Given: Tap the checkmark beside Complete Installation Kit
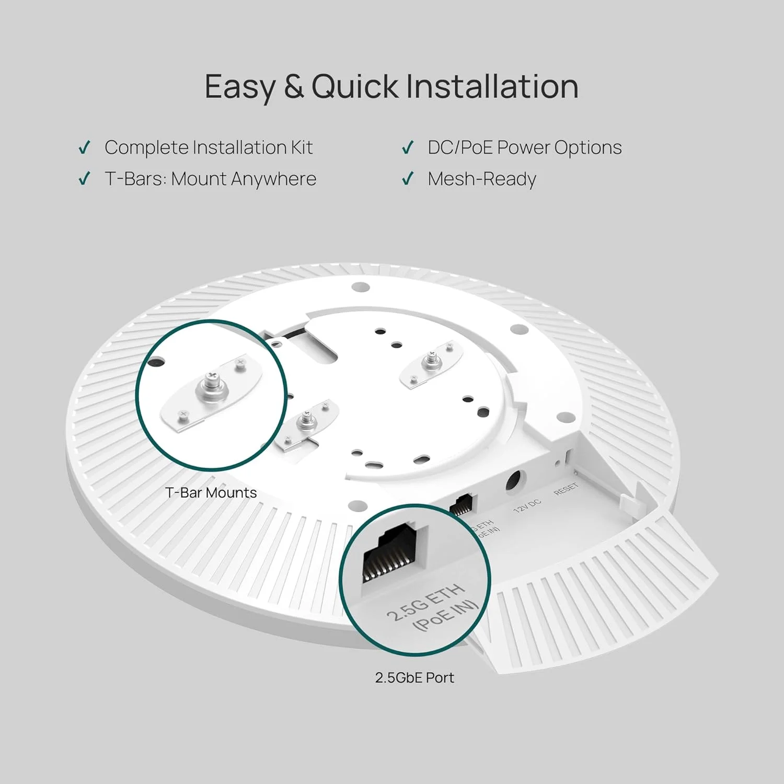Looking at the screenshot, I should pyautogui.click(x=84, y=148).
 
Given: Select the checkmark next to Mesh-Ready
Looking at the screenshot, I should pyautogui.click(x=408, y=179).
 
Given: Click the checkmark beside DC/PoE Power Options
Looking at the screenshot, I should pyautogui.click(x=408, y=148).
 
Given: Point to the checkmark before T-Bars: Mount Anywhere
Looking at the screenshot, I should pyautogui.click(x=84, y=179).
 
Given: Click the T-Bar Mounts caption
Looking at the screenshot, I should pyautogui.click(x=211, y=493).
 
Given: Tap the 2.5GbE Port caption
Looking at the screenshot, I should pyautogui.click(x=414, y=678).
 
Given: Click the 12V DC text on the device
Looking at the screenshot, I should pyautogui.click(x=527, y=506).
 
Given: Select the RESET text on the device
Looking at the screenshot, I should pyautogui.click(x=566, y=490).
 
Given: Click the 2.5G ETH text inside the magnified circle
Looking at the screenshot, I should pyautogui.click(x=425, y=602).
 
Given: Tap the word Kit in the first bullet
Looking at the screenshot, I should pyautogui.click(x=302, y=148).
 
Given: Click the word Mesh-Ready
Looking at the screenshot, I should pyautogui.click(x=481, y=179).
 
